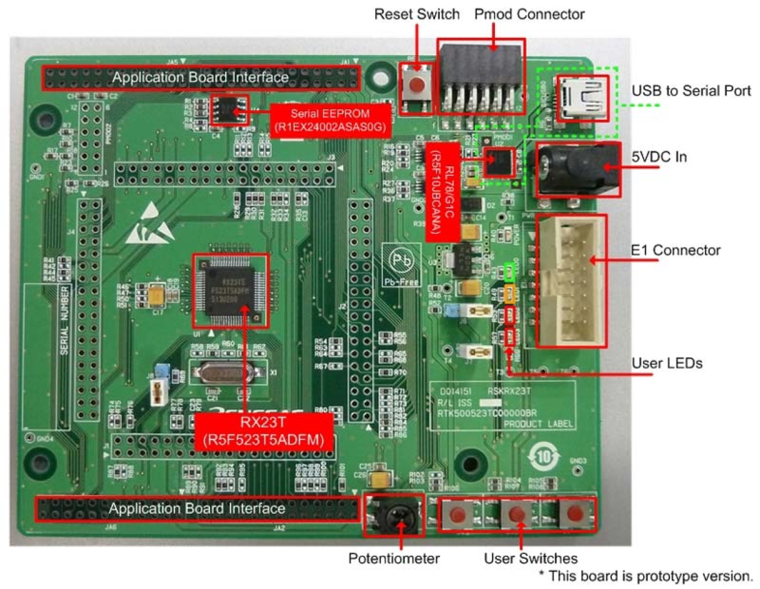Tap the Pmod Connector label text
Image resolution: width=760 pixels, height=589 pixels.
(x=529, y=14)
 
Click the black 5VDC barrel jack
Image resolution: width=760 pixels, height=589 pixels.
(x=575, y=169)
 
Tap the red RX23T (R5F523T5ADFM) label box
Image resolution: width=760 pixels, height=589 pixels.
(x=264, y=431)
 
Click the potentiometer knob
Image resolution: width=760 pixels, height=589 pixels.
(x=394, y=515)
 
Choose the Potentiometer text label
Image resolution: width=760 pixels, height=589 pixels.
(x=394, y=558)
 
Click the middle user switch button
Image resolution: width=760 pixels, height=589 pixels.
(x=517, y=515)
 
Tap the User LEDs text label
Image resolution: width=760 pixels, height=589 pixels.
(x=667, y=363)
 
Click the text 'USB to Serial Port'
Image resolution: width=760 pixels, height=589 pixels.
(x=691, y=91)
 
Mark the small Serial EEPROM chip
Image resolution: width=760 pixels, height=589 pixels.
(x=229, y=109)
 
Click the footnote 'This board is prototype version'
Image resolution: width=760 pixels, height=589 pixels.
(x=646, y=576)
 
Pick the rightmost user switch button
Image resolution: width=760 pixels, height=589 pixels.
(x=575, y=515)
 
